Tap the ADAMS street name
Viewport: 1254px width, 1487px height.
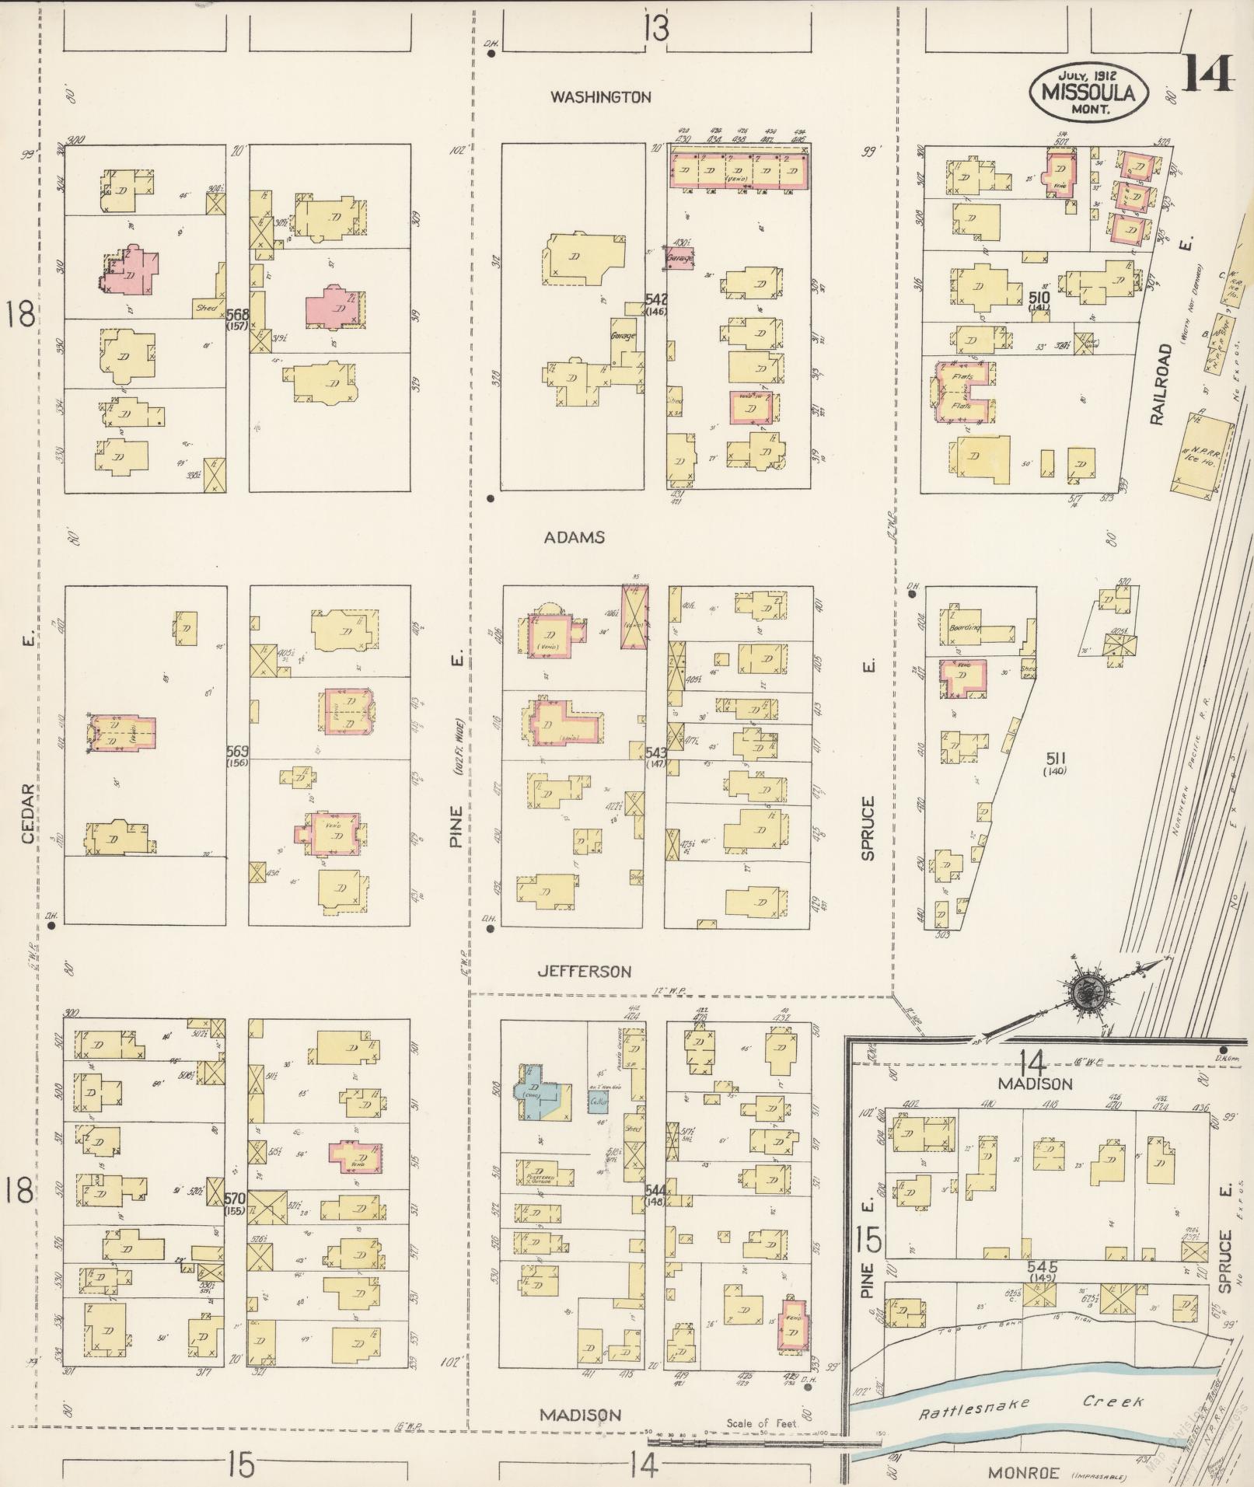click(x=574, y=537)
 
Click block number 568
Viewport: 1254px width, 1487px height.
click(x=237, y=315)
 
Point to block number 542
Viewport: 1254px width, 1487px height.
click(x=656, y=299)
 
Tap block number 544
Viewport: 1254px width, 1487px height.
click(x=655, y=1190)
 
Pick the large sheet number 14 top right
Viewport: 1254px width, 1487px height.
click(x=1207, y=75)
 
